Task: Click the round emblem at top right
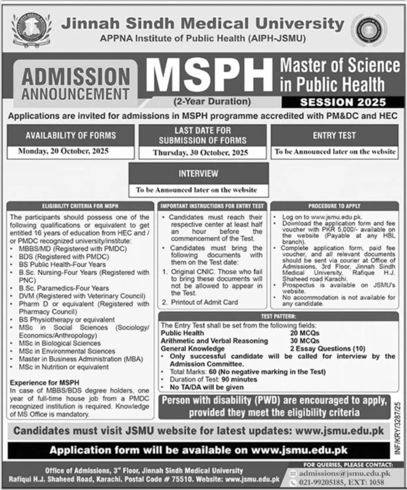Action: pyautogui.click(x=369, y=29)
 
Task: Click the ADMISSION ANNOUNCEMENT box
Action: pyautogui.click(x=77, y=82)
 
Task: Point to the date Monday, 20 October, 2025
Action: pyautogui.click(x=71, y=152)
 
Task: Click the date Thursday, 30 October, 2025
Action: pyautogui.click(x=200, y=153)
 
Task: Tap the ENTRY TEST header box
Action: pyautogui.click(x=334, y=135)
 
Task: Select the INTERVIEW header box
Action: pyautogui.click(x=198, y=173)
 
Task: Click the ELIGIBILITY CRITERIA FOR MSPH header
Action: pyautogui.click(x=80, y=206)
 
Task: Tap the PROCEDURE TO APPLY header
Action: pyautogui.click(x=334, y=206)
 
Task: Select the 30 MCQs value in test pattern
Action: pyautogui.click(x=307, y=340)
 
